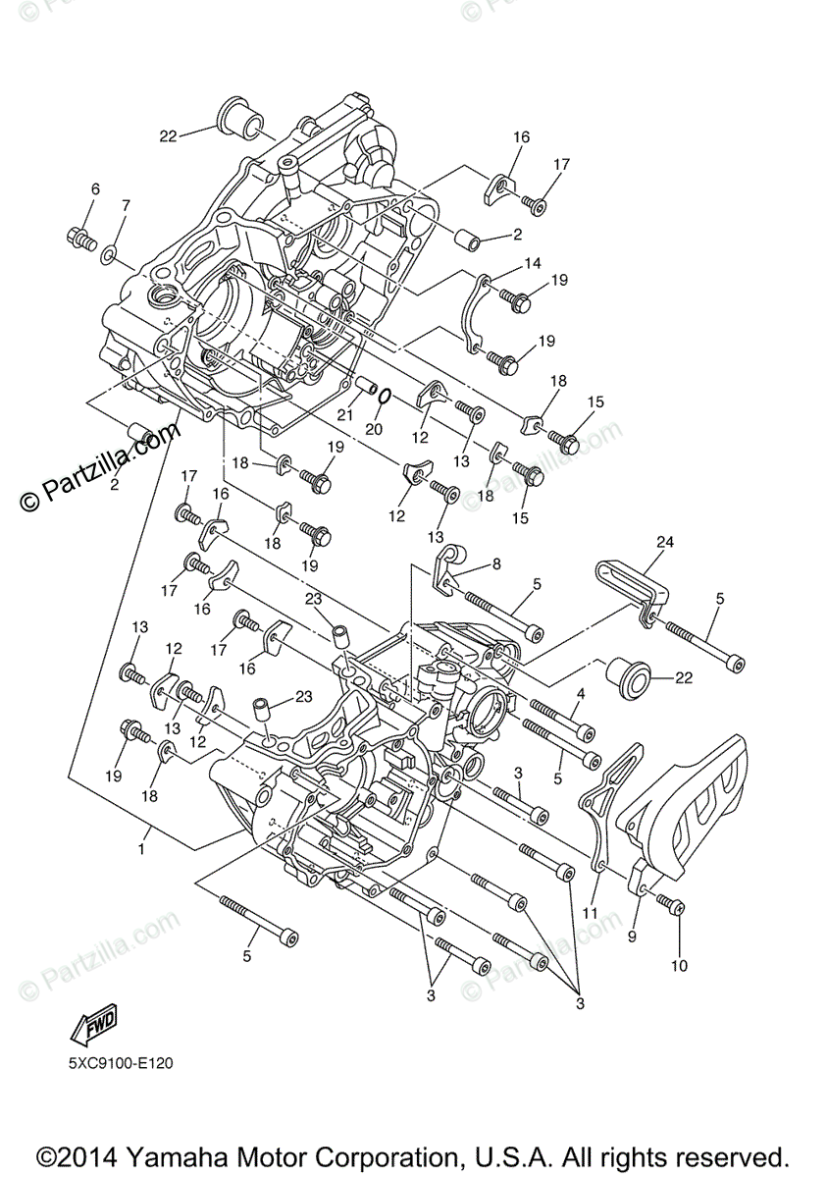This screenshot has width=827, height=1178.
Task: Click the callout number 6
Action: [95, 188]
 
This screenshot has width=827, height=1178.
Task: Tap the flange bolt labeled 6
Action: [80, 237]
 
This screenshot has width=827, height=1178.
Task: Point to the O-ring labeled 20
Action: [386, 396]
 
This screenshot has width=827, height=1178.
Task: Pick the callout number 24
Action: [666, 541]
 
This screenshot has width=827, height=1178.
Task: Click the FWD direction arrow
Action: [93, 1027]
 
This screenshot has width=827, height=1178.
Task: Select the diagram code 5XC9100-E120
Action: [122, 1062]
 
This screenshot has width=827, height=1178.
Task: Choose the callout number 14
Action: [533, 263]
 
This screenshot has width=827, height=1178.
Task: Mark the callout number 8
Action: [496, 563]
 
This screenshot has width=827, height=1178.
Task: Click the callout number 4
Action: [580, 694]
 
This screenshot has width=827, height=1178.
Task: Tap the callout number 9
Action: [632, 937]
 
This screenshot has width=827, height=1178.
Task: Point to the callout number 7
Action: [125, 205]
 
